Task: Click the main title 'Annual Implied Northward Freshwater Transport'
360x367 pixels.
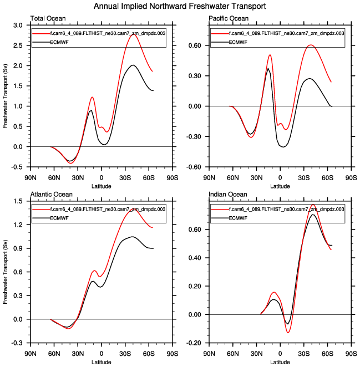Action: coord(180,6)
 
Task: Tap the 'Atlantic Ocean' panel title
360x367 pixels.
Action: coord(49,195)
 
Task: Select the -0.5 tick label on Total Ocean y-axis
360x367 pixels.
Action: coord(17,167)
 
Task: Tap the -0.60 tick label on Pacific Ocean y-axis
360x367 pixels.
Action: coord(194,167)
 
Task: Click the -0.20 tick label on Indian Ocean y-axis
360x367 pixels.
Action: coord(194,343)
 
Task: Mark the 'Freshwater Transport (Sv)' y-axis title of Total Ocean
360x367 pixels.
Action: coord(6,96)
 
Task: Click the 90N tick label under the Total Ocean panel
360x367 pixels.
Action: coord(31,177)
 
